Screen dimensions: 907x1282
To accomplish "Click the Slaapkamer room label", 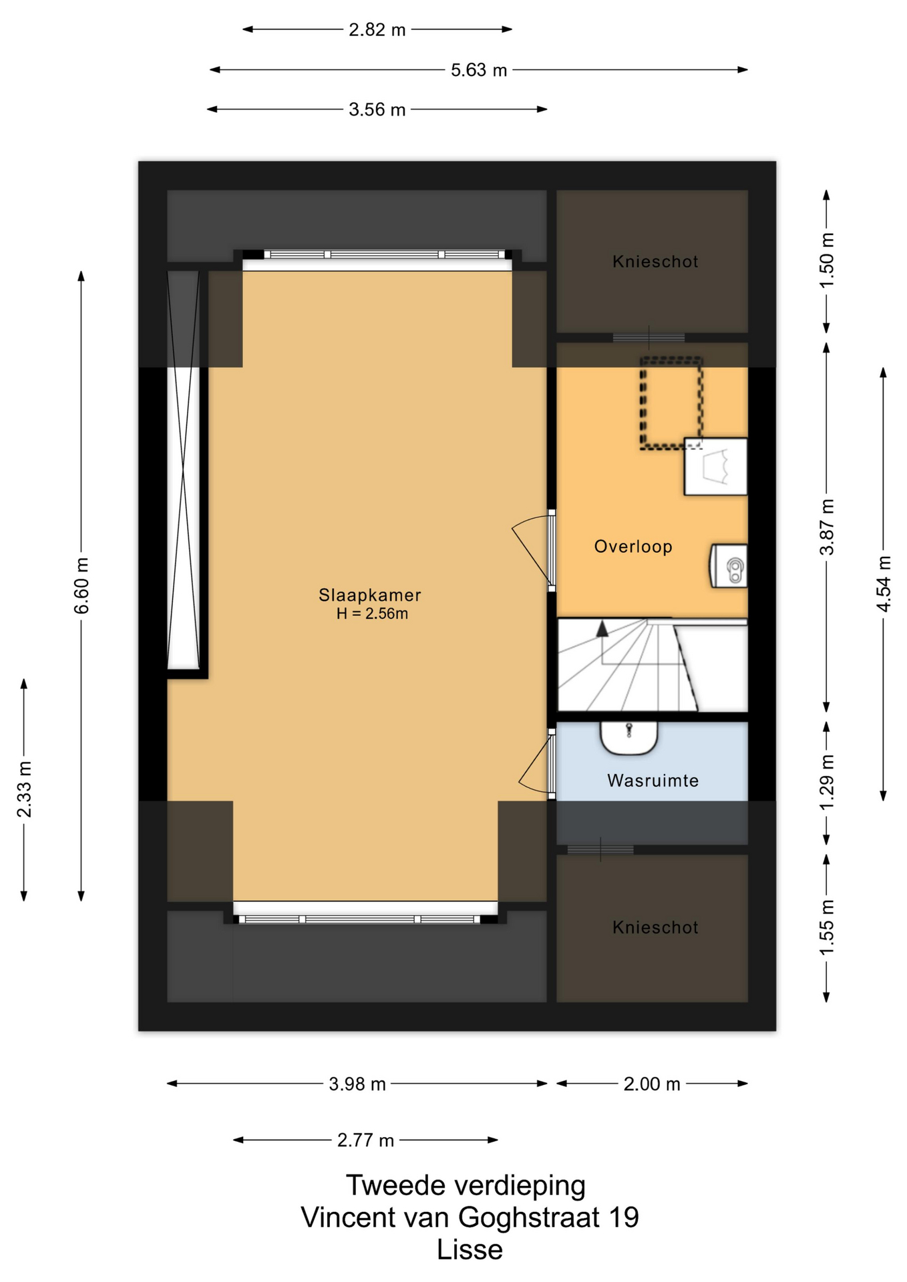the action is coord(369,595).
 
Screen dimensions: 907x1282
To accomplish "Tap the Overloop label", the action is coord(633,547).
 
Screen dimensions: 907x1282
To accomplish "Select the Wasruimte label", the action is coord(653,781).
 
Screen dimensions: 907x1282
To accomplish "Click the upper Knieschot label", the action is coord(655,262).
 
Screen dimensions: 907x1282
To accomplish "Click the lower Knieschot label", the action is coord(655,927).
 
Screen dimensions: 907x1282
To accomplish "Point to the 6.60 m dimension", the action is coord(81,586).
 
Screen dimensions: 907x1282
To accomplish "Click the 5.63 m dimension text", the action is coord(479,70).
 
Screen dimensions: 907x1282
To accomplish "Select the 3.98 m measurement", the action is coord(357,1084).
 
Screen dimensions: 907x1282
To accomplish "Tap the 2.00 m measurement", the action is coord(652,1084).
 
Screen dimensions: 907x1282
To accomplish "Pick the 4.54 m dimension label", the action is coord(884,584).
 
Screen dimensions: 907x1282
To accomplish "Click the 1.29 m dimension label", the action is coord(827,782).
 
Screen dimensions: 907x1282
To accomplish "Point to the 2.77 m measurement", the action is coord(365,1140).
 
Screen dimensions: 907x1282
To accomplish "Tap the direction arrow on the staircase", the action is coord(602,628).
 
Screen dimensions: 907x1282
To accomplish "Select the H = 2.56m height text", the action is coord(372,614).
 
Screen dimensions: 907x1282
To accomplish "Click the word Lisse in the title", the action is coord(470,1250).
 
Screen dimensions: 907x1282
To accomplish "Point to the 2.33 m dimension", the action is coord(24,789).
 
